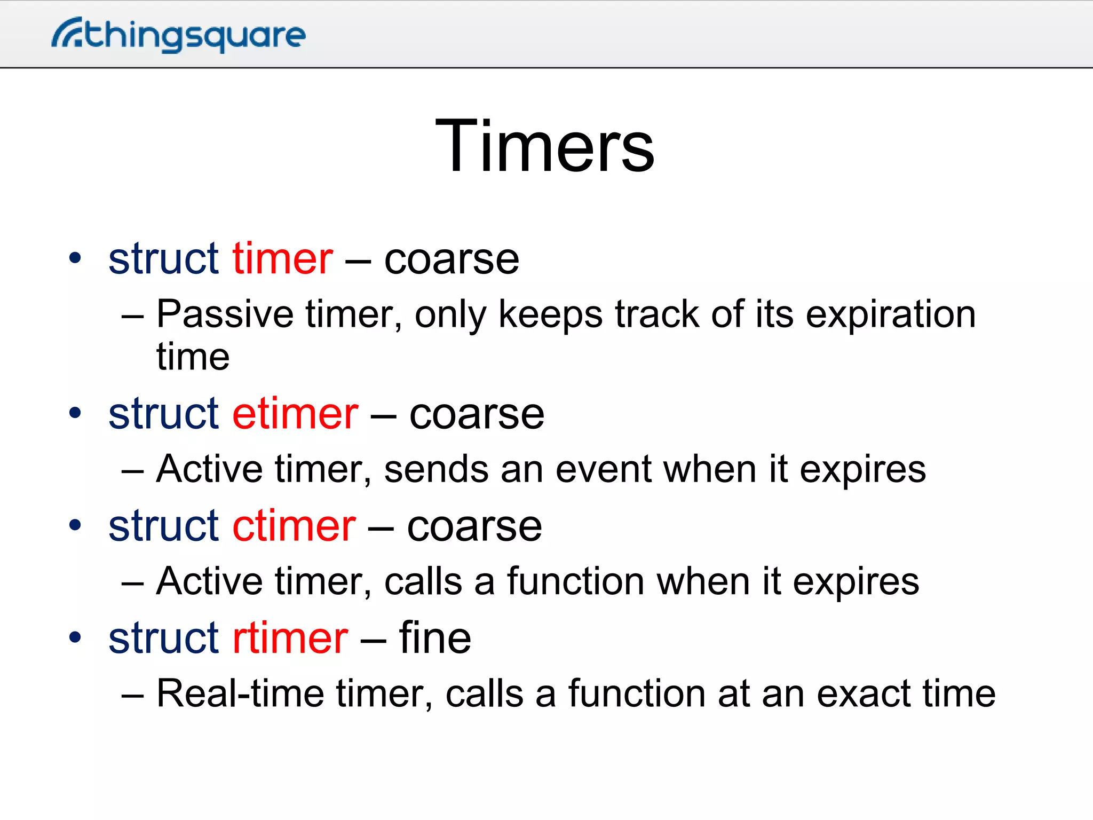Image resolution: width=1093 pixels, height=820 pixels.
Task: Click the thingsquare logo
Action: click(179, 35)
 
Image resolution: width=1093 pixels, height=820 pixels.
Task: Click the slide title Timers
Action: click(545, 146)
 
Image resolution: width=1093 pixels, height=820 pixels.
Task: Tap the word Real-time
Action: click(240, 693)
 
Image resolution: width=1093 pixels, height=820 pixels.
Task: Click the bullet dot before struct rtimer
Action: click(75, 637)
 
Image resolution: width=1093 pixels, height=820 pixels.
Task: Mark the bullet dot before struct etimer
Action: click(75, 413)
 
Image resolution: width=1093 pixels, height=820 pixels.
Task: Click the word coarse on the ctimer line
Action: click(474, 527)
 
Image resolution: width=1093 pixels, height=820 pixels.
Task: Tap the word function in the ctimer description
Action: click(575, 581)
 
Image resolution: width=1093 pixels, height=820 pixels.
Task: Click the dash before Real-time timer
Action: click(132, 696)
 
